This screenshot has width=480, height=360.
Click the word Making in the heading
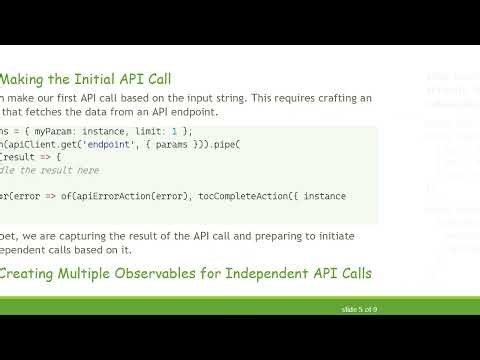pyautogui.click(x=33, y=77)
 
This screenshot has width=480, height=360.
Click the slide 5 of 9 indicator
pyautogui.click(x=358, y=310)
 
